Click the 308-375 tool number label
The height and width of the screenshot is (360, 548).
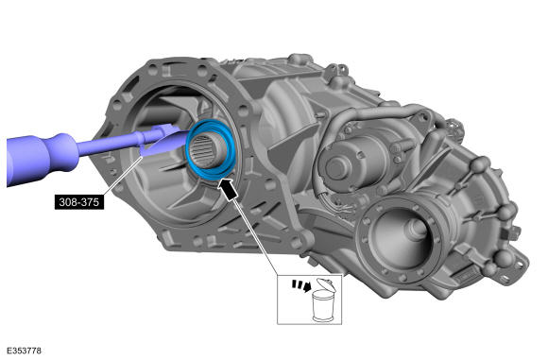click(79, 202)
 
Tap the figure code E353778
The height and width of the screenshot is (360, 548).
click(25, 351)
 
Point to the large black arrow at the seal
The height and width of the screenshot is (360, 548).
click(227, 189)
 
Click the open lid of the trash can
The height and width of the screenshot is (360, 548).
click(326, 284)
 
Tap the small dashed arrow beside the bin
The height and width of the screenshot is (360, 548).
click(301, 285)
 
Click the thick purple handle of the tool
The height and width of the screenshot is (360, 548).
click(42, 159)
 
